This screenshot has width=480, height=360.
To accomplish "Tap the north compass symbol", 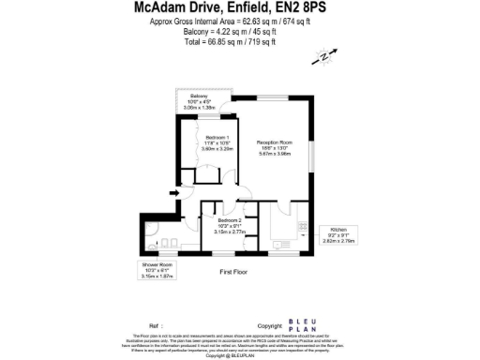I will tap(325, 57).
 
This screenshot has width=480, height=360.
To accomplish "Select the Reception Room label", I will tap(276, 142).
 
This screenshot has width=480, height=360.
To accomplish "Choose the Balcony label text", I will tap(199, 97).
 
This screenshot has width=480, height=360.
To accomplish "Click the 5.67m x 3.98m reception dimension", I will tap(276, 154).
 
